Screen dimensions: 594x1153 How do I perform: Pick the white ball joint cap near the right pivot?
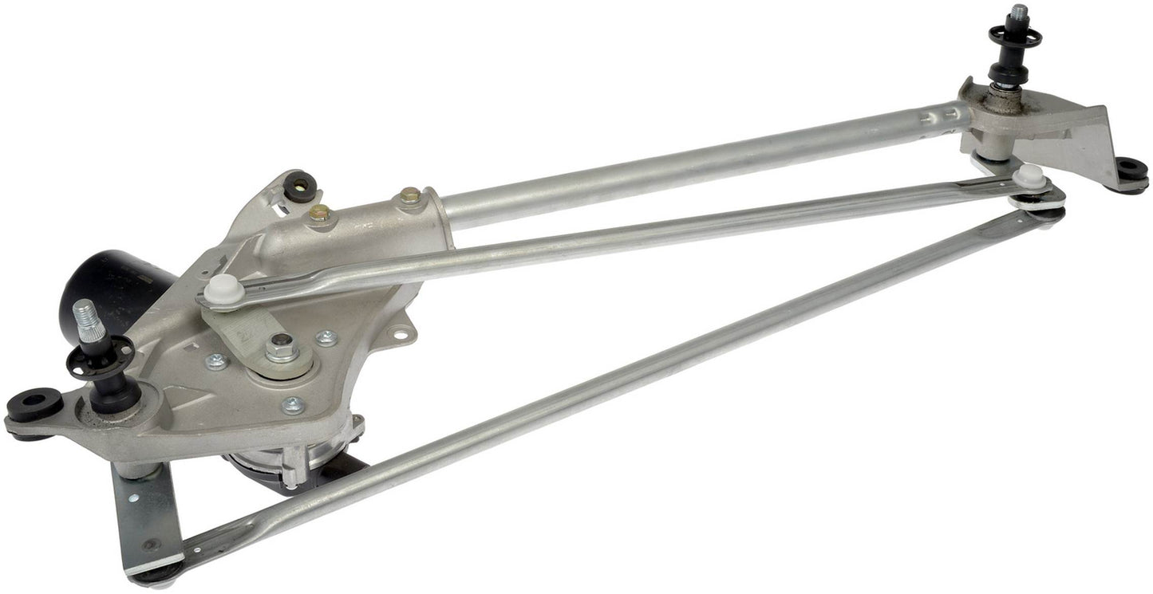pyautogui.click(x=1030, y=176)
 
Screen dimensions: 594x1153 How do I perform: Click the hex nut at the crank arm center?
pyautogui.click(x=281, y=348)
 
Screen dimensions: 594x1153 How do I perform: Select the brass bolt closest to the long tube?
pyautogui.click(x=410, y=195)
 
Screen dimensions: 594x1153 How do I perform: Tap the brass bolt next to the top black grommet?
pyautogui.click(x=319, y=213)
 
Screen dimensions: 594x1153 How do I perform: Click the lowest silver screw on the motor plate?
pyautogui.click(x=293, y=405)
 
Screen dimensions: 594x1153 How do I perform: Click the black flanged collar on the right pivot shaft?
pyautogui.click(x=1015, y=37)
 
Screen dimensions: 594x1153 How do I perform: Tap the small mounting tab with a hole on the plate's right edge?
pyautogui.click(x=403, y=327)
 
